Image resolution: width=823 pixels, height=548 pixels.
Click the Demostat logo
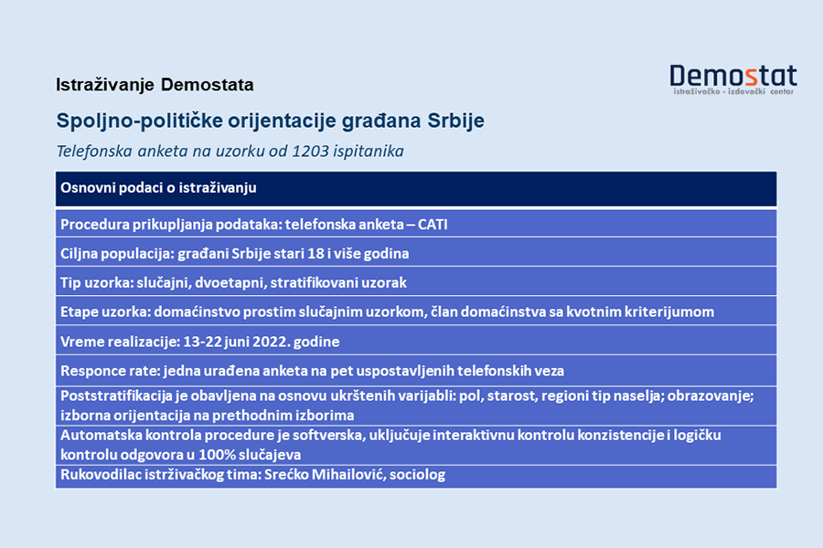coord(732,76)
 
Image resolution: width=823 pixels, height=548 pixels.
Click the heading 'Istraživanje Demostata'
coord(155,85)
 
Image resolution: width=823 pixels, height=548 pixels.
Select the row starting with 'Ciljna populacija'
coord(234,253)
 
